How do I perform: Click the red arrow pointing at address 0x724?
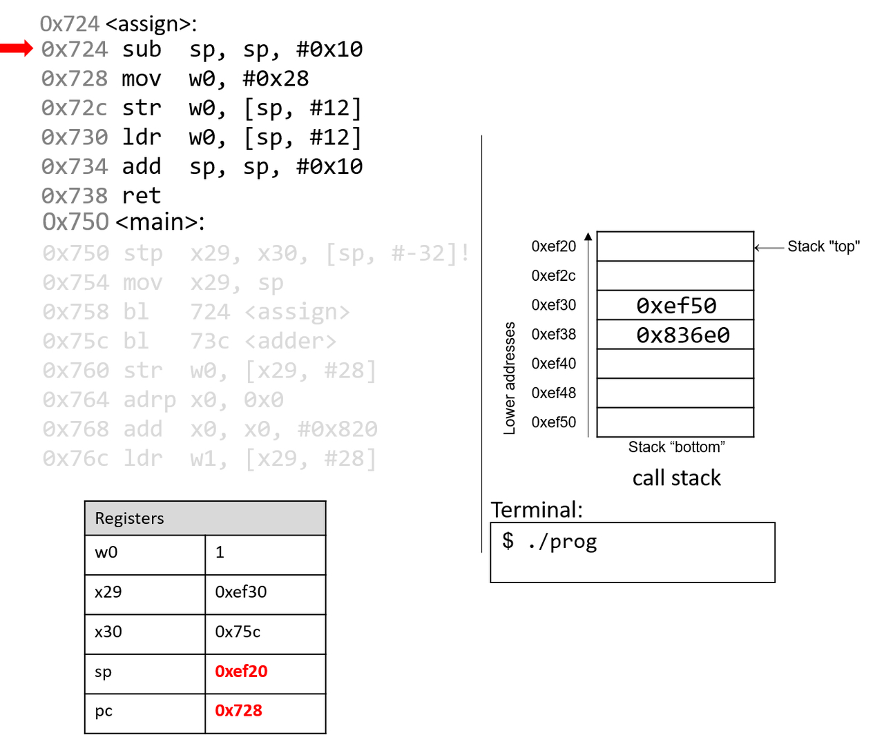pyautogui.click(x=17, y=48)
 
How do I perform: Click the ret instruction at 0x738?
pyautogui.click(x=141, y=196)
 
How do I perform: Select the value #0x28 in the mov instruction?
pyautogui.click(x=276, y=79)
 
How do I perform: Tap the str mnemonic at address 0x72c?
pyautogui.click(x=141, y=108)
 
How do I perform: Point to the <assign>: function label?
pyautogui.click(x=151, y=24)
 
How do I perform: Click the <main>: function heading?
pyautogui.click(x=160, y=222)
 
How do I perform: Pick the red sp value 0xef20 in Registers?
pyautogui.click(x=241, y=672)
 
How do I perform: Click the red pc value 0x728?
pyautogui.click(x=238, y=711)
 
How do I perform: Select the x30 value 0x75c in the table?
pyautogui.click(x=238, y=631)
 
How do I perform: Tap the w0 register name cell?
pyautogui.click(x=106, y=552)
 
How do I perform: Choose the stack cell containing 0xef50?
pyautogui.click(x=675, y=305)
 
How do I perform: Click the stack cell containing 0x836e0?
pyautogui.click(x=675, y=335)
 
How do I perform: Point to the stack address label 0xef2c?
pyautogui.click(x=553, y=276)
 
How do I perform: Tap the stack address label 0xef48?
pyautogui.click(x=553, y=393)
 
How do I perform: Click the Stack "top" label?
pyautogui.click(x=823, y=246)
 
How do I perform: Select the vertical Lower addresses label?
pyautogui.click(x=510, y=378)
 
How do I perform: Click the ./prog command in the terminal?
pyautogui.click(x=562, y=542)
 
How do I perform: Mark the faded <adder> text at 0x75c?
pyautogui.click(x=291, y=342)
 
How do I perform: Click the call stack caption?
pyautogui.click(x=676, y=478)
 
